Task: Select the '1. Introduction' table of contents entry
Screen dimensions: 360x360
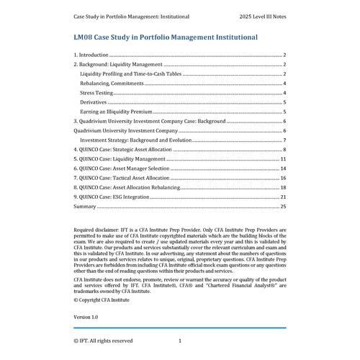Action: point(91,55)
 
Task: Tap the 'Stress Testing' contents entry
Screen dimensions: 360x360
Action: point(96,93)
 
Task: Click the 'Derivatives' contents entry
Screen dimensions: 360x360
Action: point(94,102)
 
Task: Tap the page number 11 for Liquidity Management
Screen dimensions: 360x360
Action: point(284,158)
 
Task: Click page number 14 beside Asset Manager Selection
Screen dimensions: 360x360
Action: point(284,168)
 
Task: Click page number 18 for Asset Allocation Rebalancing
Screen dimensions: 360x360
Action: point(284,186)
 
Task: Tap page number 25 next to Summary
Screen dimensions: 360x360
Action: point(284,206)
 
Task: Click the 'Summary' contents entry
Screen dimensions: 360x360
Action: point(85,206)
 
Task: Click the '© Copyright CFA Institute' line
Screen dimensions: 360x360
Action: point(102,299)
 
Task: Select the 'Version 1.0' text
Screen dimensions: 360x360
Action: point(86,317)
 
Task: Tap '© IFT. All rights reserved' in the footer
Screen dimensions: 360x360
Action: point(103,341)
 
